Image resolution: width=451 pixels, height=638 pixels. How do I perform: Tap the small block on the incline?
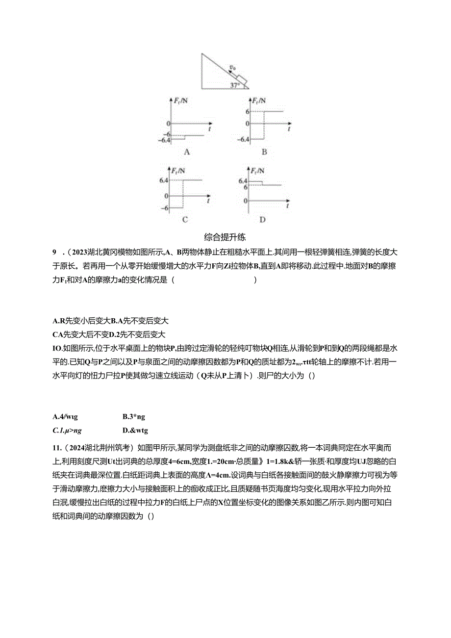click(x=242, y=78)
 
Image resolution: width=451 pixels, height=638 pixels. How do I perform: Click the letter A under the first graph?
click(x=186, y=152)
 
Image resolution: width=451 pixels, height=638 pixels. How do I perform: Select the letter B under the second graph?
click(x=264, y=152)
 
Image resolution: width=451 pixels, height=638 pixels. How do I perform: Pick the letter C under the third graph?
click(x=185, y=220)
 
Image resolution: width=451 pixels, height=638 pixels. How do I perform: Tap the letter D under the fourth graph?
click(x=262, y=220)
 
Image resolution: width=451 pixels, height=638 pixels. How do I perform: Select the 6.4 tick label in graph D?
click(x=243, y=180)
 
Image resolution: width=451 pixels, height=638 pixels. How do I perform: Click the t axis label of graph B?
click(x=289, y=128)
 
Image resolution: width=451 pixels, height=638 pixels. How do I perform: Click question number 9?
click(x=55, y=253)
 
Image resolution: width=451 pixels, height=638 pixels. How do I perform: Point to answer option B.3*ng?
click(x=133, y=417)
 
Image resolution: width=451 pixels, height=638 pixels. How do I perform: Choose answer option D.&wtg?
click(x=135, y=431)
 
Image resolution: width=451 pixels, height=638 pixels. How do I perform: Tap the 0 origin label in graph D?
click(x=246, y=201)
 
